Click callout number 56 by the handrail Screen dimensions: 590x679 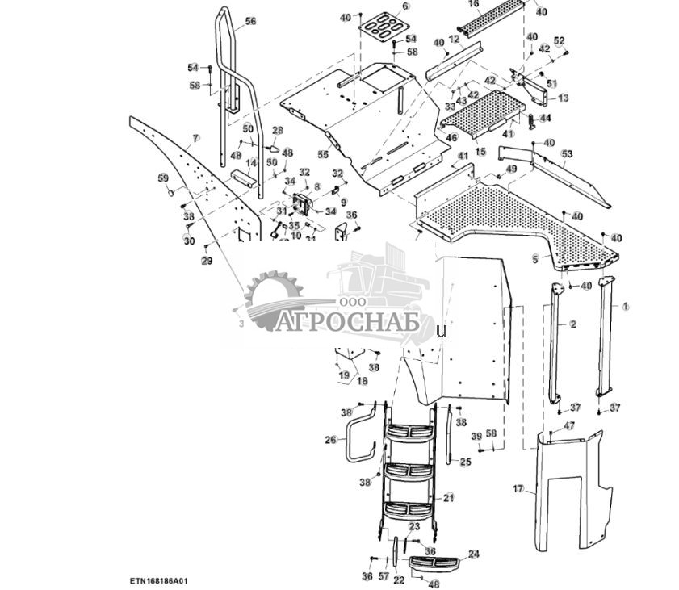pyautogui.click(x=250, y=22)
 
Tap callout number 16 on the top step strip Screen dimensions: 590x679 pyautogui.click(x=474, y=4)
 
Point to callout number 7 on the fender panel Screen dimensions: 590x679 pyautogui.click(x=195, y=139)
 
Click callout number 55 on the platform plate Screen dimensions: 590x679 pyautogui.click(x=323, y=154)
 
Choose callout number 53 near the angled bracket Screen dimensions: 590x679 pyautogui.click(x=567, y=153)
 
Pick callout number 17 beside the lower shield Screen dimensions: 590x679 pyautogui.click(x=518, y=488)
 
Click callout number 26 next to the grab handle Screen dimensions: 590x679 pyautogui.click(x=330, y=440)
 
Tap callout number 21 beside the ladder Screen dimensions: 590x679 pyautogui.click(x=449, y=497)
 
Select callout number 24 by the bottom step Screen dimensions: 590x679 pyautogui.click(x=474, y=554)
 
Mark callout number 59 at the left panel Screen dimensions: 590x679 pyautogui.click(x=163, y=178)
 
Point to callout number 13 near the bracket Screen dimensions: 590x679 pyautogui.click(x=563, y=98)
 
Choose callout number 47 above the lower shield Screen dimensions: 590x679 pyautogui.click(x=569, y=425)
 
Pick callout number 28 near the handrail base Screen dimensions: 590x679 pyautogui.click(x=277, y=130)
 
